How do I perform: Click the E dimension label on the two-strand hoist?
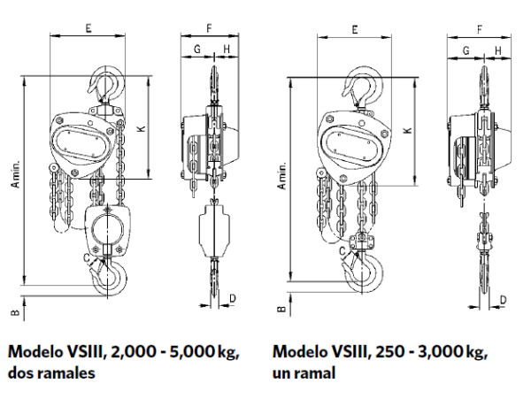click(88, 28)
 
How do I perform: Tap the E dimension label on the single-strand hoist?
click(355, 29)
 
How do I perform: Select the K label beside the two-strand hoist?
click(142, 128)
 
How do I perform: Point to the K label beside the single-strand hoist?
click(408, 130)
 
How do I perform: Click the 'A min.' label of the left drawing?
click(16, 173)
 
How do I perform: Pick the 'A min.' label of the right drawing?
click(281, 175)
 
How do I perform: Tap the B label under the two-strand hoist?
click(15, 313)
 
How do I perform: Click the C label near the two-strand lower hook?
click(87, 258)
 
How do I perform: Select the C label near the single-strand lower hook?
click(342, 251)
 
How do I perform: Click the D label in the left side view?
click(233, 298)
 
